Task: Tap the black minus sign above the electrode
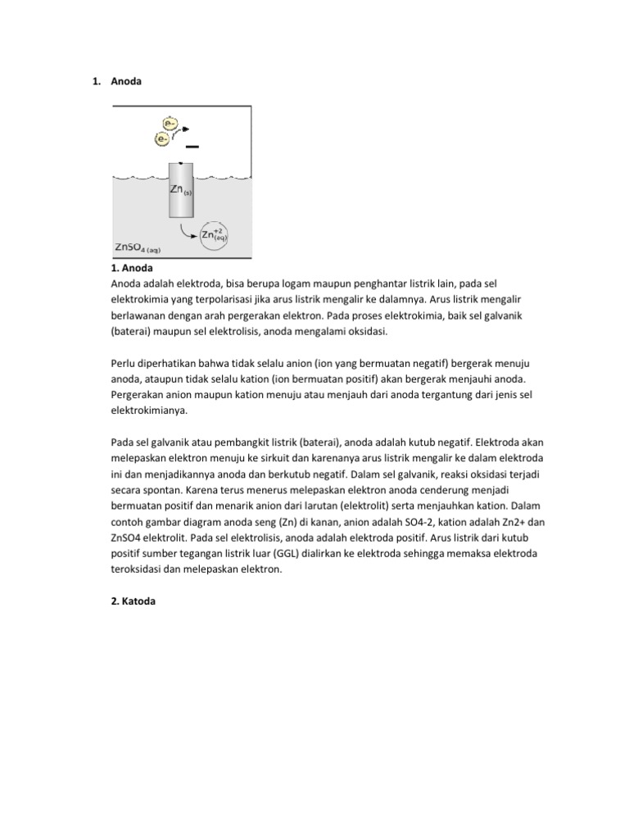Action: coord(192,147)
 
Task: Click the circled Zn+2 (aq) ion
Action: coord(215,235)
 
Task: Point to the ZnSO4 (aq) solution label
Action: coord(142,247)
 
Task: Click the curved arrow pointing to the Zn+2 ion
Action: coord(188,231)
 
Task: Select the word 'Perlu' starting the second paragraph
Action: coord(124,362)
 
